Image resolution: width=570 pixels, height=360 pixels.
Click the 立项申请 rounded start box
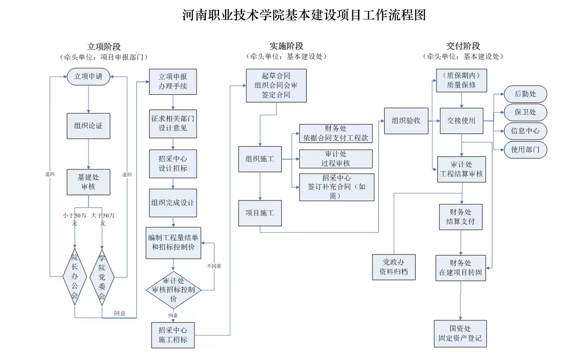point(88,76)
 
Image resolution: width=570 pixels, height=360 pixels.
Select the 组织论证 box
point(88,126)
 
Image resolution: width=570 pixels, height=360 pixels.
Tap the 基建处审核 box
point(88,182)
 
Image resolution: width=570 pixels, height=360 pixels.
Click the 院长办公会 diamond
point(75,276)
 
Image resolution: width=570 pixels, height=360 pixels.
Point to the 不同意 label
point(214,266)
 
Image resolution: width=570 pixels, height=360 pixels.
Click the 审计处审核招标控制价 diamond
point(174,289)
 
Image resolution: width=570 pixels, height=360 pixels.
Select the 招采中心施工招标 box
point(173,335)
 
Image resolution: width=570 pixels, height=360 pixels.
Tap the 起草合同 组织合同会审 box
point(276,85)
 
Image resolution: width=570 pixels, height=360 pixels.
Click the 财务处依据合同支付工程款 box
point(336,133)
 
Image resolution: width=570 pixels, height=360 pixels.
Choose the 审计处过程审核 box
point(336,159)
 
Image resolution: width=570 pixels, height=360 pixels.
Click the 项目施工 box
point(260,213)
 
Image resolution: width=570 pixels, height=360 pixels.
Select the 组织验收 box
point(406,120)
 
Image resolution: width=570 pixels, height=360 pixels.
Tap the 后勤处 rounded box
point(525,94)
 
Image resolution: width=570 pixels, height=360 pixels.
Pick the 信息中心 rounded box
point(525,131)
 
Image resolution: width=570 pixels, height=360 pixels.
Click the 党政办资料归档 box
point(394,267)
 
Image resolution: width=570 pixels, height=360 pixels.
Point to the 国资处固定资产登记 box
point(460,333)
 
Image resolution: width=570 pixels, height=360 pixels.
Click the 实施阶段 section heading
point(287,46)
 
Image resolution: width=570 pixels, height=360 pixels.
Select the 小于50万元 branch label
point(75,219)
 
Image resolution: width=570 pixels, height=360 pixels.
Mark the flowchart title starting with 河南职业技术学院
point(304,15)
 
